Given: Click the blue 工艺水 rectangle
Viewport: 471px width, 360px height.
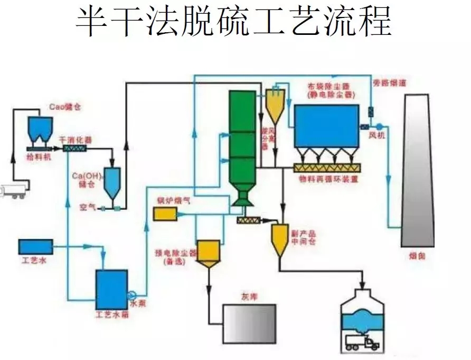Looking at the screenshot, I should [35, 247].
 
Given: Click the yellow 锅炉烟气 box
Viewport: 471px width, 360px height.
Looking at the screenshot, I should [164, 214].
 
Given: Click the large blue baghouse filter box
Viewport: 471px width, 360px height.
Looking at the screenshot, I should [326, 126].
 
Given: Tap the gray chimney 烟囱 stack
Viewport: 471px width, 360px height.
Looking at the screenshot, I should [419, 169].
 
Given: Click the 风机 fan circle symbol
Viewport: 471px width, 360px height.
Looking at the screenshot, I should [379, 126].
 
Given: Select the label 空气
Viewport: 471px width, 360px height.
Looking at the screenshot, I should [87, 208].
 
